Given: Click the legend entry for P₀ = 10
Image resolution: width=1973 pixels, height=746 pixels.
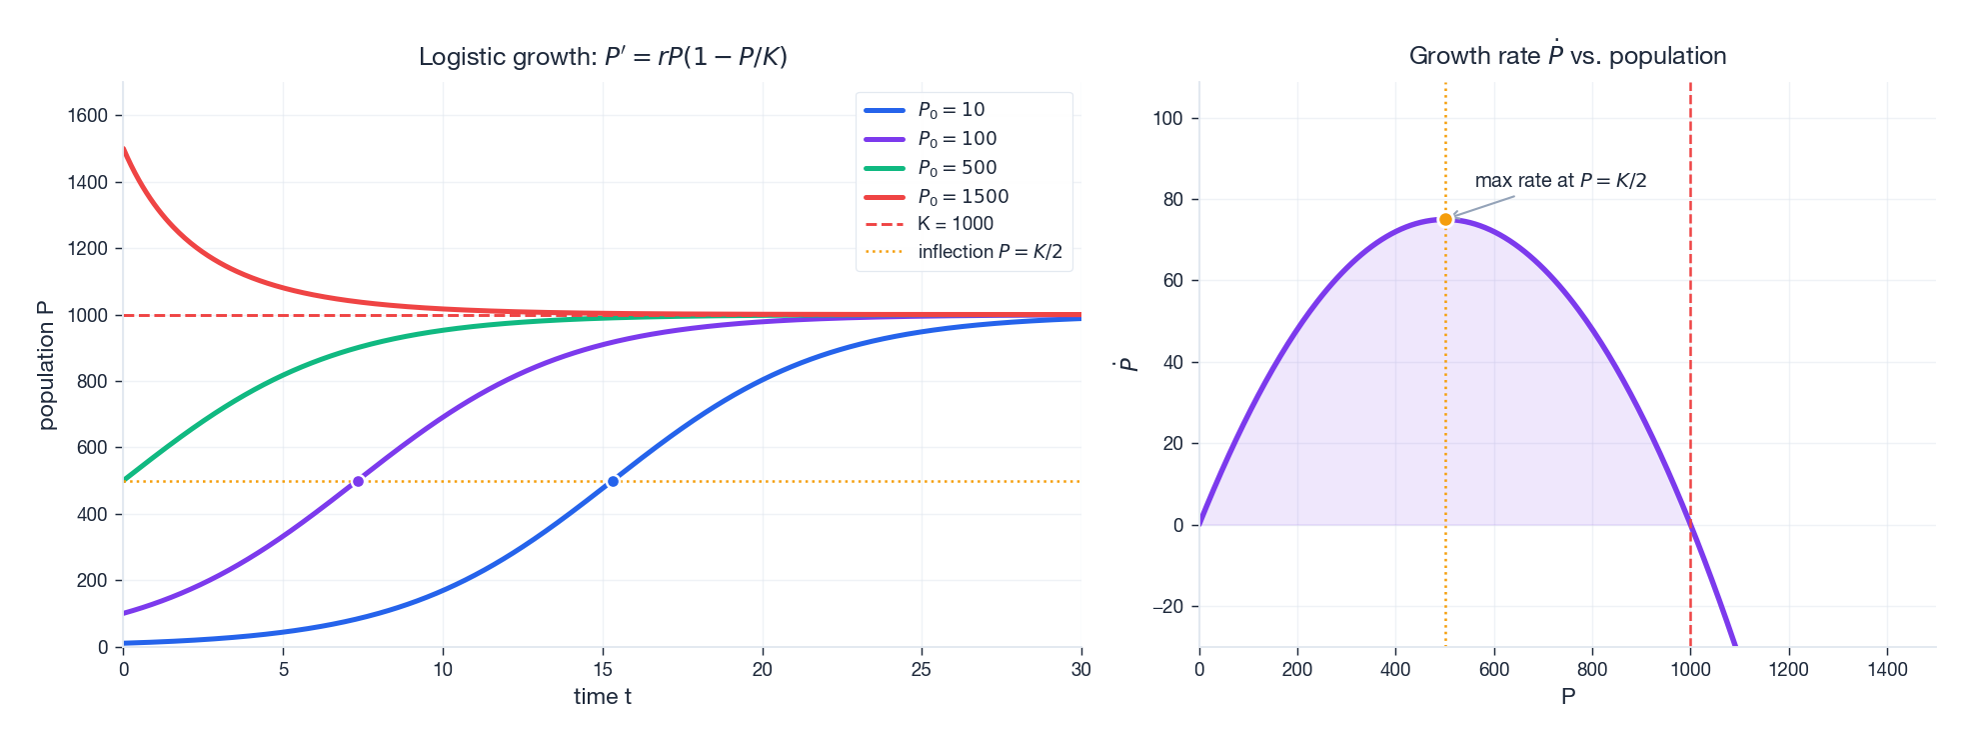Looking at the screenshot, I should (951, 110).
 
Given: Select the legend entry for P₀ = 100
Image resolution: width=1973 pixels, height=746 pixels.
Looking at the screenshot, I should (957, 139).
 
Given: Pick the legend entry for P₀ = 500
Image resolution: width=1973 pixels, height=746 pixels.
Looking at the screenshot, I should (957, 168).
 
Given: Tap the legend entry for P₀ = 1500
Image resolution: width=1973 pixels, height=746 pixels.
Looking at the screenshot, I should (963, 197).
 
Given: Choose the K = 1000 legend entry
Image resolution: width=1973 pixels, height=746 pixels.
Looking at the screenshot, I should (955, 224).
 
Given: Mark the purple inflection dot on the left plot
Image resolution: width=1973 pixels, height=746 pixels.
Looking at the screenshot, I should (358, 482).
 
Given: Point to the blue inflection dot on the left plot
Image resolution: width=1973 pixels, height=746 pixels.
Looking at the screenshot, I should (613, 482).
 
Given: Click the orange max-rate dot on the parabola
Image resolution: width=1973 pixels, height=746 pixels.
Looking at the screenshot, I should (1445, 220).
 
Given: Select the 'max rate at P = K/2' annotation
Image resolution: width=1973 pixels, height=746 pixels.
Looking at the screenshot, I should (1560, 181).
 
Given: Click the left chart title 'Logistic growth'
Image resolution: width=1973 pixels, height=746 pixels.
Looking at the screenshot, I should (603, 57).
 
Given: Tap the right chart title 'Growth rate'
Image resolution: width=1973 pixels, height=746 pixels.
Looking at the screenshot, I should (1567, 56).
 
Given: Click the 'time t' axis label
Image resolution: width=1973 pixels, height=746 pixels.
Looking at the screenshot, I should (602, 697).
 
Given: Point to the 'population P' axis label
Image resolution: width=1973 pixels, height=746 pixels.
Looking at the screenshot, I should (46, 365).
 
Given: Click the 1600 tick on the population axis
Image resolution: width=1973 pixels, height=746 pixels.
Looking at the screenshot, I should (87, 116).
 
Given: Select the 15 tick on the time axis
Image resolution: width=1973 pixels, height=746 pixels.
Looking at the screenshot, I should (603, 670).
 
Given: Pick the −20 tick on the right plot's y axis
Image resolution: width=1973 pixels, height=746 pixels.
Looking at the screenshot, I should (1166, 607).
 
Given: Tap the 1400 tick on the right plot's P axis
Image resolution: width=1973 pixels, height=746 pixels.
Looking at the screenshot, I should (1887, 670).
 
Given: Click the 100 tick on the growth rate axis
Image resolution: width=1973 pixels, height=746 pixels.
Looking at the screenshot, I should (1166, 119).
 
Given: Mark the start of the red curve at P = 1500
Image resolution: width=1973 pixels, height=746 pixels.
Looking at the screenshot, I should (124, 150).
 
